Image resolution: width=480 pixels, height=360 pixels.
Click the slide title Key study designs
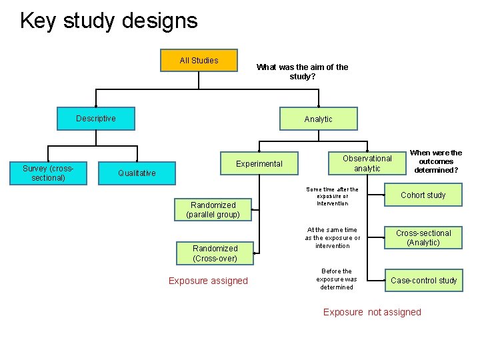coord(109,21)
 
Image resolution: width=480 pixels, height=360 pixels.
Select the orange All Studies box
coord(199,61)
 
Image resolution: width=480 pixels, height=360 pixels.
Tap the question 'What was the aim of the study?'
coord(302,72)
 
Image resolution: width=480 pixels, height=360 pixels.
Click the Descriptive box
coord(95,119)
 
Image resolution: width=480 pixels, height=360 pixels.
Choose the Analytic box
coord(318,119)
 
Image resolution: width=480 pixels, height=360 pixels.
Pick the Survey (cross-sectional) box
coord(48,173)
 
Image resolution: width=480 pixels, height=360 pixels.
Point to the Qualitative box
coord(137,173)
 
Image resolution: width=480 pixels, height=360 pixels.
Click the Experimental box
coord(259,164)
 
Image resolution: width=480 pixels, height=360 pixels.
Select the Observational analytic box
coord(367,164)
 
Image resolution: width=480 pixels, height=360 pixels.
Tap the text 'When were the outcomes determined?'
coord(435,161)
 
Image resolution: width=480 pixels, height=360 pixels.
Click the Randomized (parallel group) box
coord(213,210)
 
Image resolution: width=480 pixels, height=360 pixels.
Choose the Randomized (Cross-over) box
coord(215,253)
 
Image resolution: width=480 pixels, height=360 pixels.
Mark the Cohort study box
coord(423,195)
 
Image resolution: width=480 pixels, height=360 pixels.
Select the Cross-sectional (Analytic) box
coord(423,238)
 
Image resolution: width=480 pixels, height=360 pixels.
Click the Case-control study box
coord(423,281)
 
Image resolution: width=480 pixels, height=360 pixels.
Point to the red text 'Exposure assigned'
coord(208,281)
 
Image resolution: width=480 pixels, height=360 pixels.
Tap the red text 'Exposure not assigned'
coord(372,312)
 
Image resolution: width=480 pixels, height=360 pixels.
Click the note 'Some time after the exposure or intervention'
coord(332,197)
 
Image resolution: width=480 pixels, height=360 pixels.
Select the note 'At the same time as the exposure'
coord(332,238)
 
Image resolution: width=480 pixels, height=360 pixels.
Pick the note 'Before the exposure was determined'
coord(336,279)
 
